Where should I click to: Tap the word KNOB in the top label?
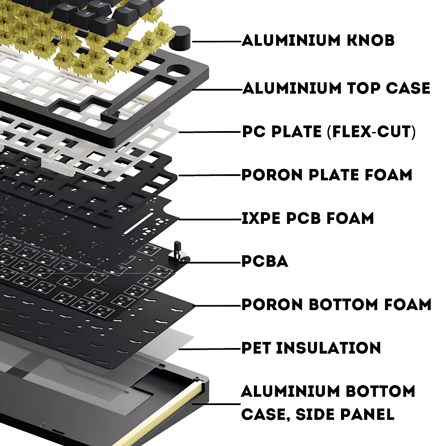370,40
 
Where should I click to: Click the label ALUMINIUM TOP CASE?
336,88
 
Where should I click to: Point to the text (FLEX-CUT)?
371,132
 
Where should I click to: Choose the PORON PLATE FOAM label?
327,175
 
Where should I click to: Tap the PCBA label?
265,261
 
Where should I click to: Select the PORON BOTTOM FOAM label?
337,304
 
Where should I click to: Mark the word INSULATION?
328,348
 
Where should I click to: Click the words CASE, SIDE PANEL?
318,414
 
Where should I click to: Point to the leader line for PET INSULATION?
210,349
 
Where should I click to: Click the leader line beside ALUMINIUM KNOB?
217,41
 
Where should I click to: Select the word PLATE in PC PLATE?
296,132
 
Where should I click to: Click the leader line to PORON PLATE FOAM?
209,176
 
